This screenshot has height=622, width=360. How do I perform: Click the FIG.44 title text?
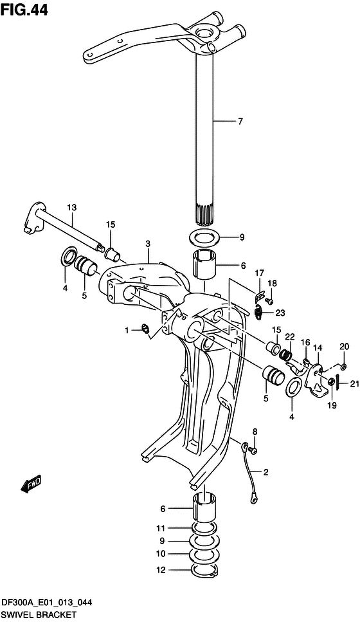coord(24,10)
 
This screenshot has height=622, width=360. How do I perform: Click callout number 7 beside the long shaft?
coord(240,122)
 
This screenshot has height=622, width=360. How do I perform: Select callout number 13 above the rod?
coord(72,208)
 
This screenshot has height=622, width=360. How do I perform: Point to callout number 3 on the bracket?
coord(147,243)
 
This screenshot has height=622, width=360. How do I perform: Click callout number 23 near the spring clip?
coord(280,313)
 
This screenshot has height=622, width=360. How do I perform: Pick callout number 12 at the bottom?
coord(160,571)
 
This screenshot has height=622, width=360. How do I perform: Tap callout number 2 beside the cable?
coord(265,472)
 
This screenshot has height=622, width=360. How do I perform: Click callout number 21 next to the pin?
coord(344,383)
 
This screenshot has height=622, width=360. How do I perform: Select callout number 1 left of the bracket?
coord(127,329)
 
